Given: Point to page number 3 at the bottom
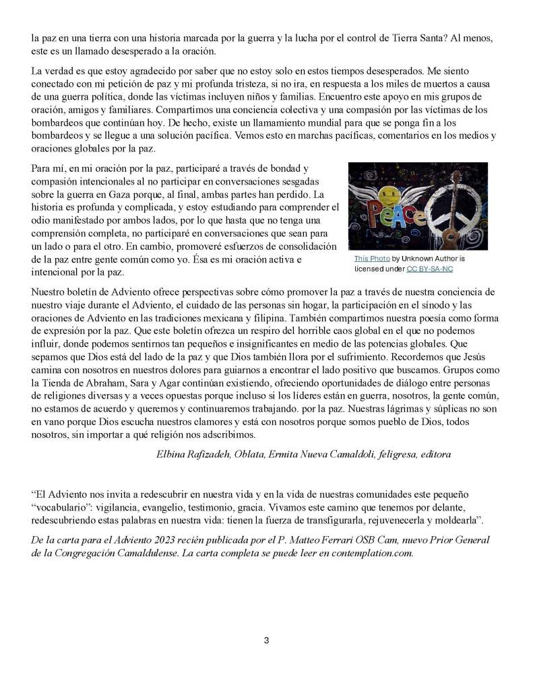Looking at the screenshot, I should pos(266,640).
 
